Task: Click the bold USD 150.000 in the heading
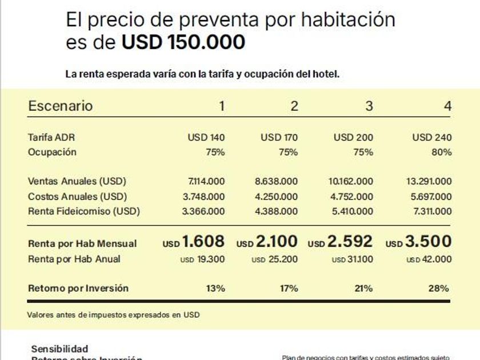coord(183,42)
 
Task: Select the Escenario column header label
coord(60,106)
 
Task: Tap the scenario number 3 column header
coord(369,106)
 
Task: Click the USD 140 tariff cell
coord(206,137)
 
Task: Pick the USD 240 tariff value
coord(432,137)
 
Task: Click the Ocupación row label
coord(52,152)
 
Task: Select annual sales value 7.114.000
coord(206,182)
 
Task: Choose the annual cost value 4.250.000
coord(276,197)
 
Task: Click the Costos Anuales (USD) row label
coord(77,197)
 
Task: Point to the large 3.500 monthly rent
coord(429,241)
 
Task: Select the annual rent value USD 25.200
coord(275,259)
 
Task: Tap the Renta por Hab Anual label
coord(74,259)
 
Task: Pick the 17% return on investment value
coord(288,288)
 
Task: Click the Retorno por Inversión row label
coord(78,288)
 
